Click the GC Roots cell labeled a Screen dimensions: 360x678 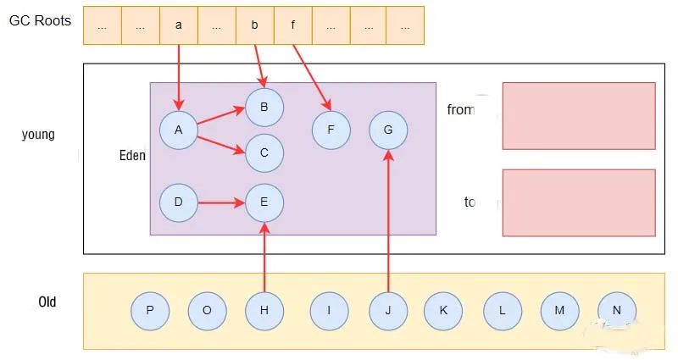tap(179, 25)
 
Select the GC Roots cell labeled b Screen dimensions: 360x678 tap(254, 25)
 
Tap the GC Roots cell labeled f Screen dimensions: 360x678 tap(292, 25)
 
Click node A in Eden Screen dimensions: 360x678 tap(179, 130)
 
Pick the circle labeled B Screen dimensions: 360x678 tap(264, 108)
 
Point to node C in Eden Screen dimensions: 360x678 tap(264, 153)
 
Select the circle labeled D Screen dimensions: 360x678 tap(179, 203)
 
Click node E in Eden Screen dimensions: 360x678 tap(264, 203)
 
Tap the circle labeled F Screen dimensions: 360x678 tap(331, 130)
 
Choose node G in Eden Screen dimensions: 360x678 tap(388, 130)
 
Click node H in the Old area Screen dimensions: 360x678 tap(264, 311)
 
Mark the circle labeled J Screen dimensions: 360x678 tap(388, 311)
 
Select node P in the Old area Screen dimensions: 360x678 tap(150, 311)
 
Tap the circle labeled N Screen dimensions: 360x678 tap(616, 311)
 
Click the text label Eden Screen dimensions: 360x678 tap(132, 156)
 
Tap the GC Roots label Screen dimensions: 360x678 tap(40, 19)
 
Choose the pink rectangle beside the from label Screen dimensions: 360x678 tap(579, 115)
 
